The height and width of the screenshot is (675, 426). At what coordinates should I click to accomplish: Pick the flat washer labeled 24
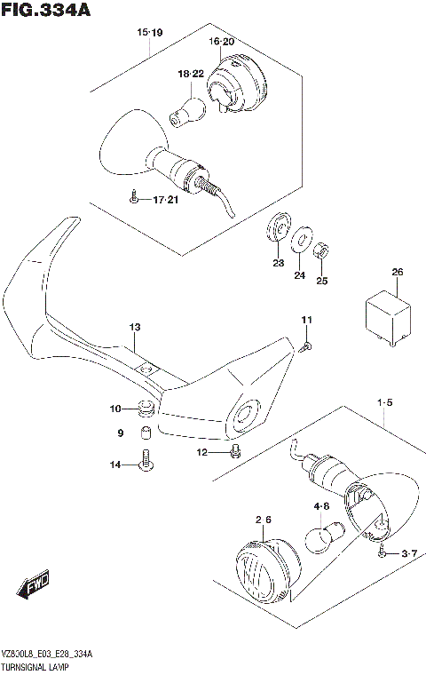[x=303, y=237]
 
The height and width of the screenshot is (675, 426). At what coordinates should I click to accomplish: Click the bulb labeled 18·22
[x=188, y=112]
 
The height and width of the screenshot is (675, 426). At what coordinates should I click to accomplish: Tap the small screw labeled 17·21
[x=132, y=198]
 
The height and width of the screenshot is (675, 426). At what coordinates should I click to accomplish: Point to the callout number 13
[x=134, y=327]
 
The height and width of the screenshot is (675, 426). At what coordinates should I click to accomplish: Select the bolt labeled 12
[x=234, y=451]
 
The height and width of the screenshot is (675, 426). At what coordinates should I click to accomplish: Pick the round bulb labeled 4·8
[x=320, y=538]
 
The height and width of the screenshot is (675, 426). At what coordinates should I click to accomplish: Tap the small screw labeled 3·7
[x=383, y=553]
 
